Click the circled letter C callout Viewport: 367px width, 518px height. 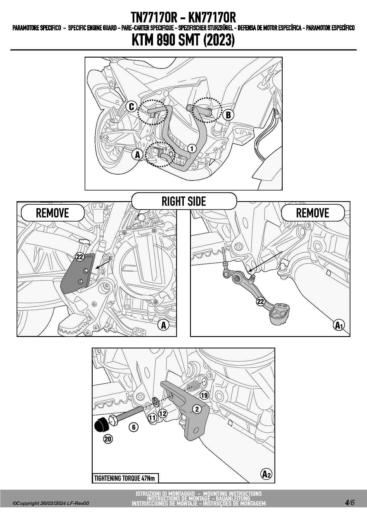click(x=132, y=107)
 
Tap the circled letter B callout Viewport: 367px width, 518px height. click(x=228, y=115)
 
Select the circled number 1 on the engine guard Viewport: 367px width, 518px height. click(x=192, y=149)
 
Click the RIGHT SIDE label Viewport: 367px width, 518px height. click(x=184, y=201)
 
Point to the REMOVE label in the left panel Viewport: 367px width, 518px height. click(x=52, y=213)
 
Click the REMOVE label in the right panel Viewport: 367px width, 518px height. click(x=313, y=213)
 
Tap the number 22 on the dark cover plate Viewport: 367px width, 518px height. click(x=80, y=257)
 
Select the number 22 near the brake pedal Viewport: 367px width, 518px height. click(x=260, y=302)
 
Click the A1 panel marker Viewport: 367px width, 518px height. click(x=339, y=325)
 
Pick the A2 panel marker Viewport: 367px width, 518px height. click(x=267, y=475)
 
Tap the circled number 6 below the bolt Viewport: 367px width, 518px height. click(x=134, y=427)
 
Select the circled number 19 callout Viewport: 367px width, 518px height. click(x=204, y=395)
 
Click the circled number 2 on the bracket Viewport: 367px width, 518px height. click(x=197, y=409)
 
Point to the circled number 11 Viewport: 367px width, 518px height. click(x=152, y=418)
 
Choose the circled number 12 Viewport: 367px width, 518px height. click(x=163, y=413)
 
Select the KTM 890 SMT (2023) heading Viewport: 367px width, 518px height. click(x=183, y=40)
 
